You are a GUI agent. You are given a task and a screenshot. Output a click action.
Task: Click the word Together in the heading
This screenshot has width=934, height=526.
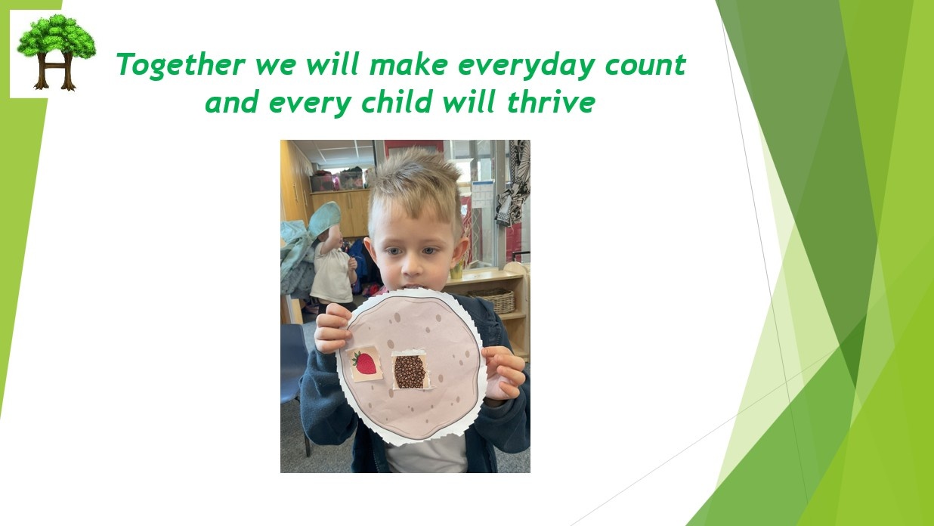[x=181, y=65]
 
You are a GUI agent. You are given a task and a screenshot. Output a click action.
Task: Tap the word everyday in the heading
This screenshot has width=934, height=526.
[x=527, y=66]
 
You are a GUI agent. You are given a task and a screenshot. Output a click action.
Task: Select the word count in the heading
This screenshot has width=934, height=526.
[x=645, y=66]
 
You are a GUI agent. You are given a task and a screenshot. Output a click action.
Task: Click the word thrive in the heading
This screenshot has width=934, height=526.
[x=551, y=102]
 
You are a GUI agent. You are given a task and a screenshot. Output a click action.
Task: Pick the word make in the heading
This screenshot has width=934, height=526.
[x=409, y=65]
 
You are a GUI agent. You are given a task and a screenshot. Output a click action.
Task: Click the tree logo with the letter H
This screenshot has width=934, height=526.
[x=56, y=52]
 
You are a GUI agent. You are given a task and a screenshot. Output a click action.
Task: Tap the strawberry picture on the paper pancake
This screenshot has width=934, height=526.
[x=365, y=364]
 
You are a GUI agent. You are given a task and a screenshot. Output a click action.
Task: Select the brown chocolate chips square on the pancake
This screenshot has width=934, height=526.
[x=409, y=371]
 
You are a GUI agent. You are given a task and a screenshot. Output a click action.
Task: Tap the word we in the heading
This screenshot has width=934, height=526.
[x=276, y=66]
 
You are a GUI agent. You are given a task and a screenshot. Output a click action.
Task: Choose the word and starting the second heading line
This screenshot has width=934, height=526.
[x=231, y=102]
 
